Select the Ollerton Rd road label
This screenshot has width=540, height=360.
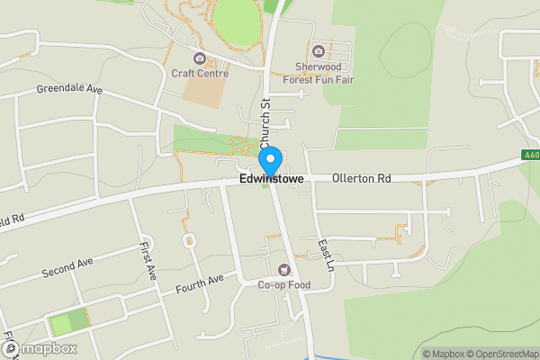[x=361, y=179]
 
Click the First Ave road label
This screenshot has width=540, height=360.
[x=144, y=258]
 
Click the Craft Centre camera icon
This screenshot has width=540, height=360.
[x=199, y=59]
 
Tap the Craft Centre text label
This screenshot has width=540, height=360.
[x=199, y=74]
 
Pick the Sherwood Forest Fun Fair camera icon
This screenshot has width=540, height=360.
[x=317, y=50]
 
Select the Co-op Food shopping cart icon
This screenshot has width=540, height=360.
[x=284, y=270]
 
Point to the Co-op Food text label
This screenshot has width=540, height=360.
[x=283, y=285]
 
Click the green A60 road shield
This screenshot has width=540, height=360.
[x=531, y=155]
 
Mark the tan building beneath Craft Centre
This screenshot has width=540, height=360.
[x=202, y=93]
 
